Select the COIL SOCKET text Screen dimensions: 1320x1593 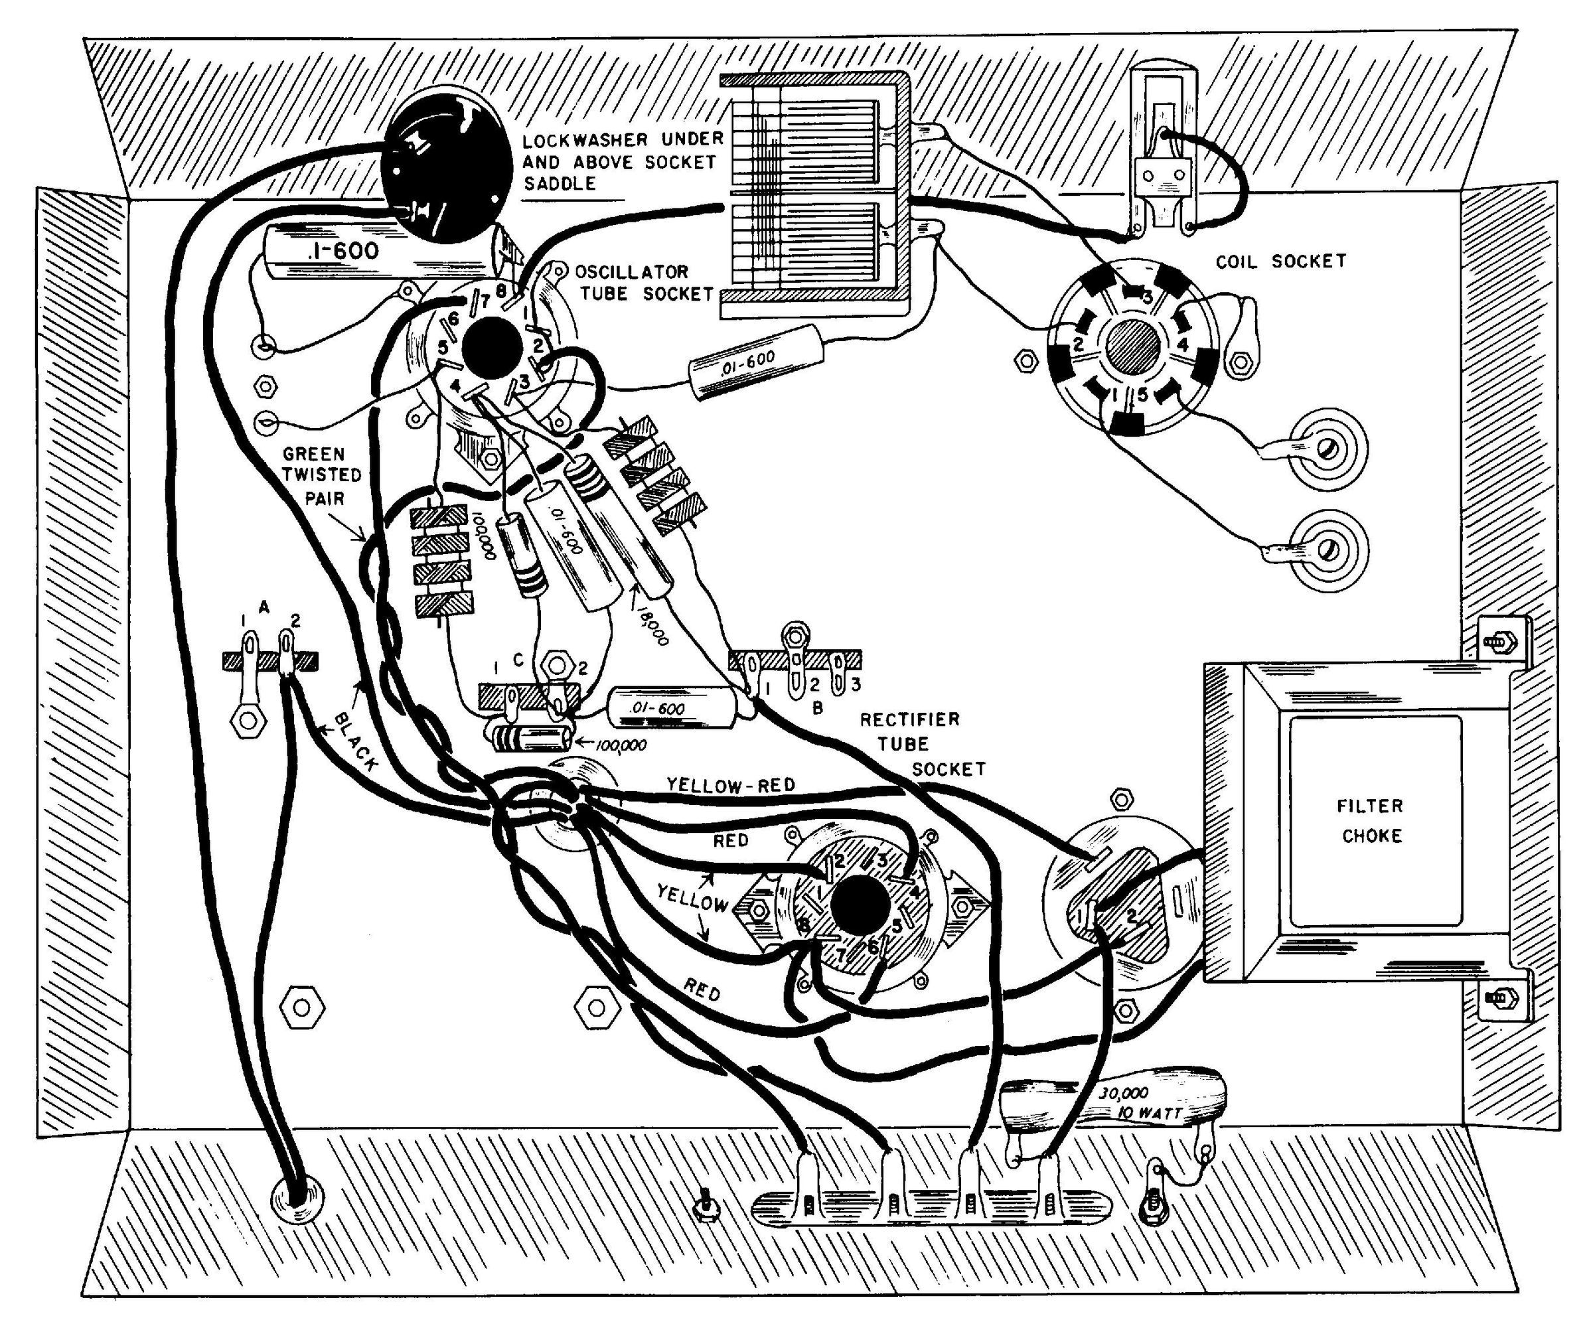[1280, 261]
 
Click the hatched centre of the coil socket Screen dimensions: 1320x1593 [1132, 346]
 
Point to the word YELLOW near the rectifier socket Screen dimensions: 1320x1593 [692, 899]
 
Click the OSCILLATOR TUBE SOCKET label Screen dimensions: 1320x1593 [645, 282]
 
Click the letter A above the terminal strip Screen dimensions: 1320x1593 [264, 607]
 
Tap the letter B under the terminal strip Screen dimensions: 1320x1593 [818, 709]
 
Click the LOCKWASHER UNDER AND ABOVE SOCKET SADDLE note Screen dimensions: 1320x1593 [622, 161]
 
